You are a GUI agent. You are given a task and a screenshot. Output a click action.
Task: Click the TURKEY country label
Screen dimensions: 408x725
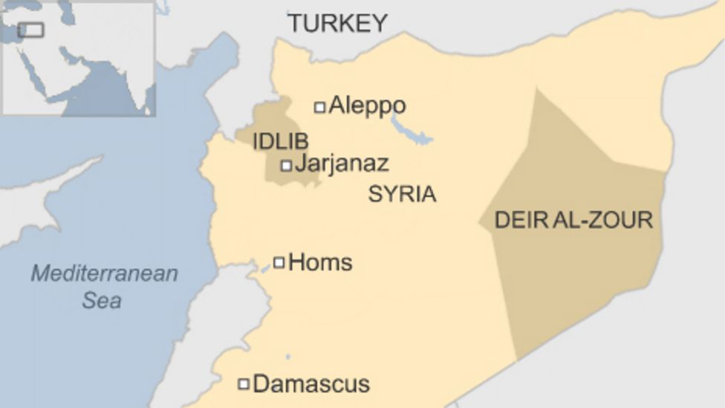338,23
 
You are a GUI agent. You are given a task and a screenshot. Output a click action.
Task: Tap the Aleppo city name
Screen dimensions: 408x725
367,106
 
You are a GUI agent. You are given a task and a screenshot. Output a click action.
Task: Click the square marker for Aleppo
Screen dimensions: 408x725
319,107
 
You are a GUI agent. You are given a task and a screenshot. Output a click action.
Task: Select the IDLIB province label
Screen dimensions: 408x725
280,141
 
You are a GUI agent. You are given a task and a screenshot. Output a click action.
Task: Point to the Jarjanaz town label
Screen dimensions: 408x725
342,163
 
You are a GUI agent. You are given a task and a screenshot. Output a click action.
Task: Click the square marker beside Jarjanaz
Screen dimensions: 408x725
286,166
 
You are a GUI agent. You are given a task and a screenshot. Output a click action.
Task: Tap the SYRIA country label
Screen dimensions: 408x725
402,195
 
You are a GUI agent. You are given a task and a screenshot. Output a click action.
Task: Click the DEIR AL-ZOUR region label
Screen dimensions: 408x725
573,220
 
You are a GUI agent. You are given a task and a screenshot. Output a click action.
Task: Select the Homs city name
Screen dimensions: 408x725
320,262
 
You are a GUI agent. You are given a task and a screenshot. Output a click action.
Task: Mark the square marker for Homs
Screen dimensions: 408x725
279,262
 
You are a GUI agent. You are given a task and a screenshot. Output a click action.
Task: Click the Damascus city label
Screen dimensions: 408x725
311,383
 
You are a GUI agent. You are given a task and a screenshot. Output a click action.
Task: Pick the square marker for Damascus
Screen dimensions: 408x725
243,384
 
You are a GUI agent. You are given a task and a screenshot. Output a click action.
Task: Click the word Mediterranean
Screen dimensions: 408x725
104,273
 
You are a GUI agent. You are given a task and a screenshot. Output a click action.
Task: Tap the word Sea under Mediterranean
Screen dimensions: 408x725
102,300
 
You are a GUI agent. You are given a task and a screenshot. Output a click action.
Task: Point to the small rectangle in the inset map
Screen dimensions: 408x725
31,30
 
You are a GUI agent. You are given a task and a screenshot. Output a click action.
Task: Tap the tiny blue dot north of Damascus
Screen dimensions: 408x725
287,357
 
